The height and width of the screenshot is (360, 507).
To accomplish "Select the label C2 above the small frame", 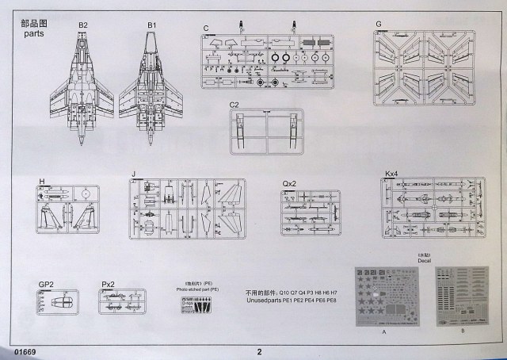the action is pyautogui.click(x=234, y=105).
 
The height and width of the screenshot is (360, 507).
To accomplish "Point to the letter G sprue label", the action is pyautogui.click(x=379, y=24).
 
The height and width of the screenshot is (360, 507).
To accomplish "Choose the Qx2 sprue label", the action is pyautogui.click(x=290, y=183).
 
